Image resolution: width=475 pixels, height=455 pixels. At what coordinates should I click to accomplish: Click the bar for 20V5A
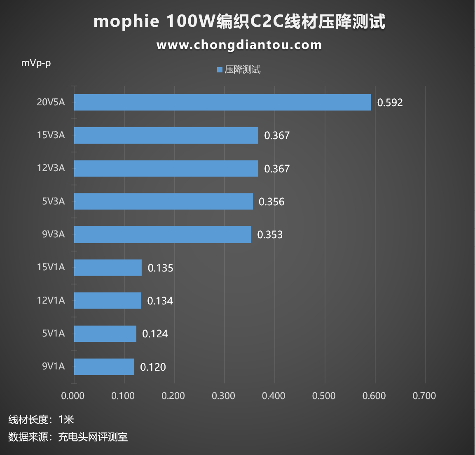(x=222, y=102)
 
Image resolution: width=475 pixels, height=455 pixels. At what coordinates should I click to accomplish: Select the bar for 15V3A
(x=166, y=135)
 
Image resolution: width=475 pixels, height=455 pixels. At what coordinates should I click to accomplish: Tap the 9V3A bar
(x=162, y=234)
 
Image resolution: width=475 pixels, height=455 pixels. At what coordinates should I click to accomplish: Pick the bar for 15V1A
(x=108, y=268)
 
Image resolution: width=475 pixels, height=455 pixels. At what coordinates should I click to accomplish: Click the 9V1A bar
(x=104, y=367)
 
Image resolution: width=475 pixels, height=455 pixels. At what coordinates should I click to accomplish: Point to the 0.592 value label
(x=390, y=102)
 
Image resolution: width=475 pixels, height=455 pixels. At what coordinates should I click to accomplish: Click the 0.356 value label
(x=271, y=202)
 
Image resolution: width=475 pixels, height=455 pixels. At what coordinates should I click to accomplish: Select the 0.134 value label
(x=160, y=301)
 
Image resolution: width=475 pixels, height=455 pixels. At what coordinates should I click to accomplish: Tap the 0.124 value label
(x=155, y=334)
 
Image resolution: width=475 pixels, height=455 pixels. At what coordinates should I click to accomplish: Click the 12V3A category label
(x=51, y=168)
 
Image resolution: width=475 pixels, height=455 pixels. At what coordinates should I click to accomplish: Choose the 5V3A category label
(x=53, y=201)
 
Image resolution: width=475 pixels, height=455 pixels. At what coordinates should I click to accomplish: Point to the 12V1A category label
(x=51, y=300)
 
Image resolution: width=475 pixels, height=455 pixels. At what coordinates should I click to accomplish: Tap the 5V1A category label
(x=53, y=333)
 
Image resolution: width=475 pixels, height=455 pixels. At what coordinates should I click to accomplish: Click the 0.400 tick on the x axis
(x=274, y=396)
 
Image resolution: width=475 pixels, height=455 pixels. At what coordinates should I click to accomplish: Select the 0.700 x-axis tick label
(x=424, y=396)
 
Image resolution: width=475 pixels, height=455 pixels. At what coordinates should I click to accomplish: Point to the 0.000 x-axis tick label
(x=73, y=396)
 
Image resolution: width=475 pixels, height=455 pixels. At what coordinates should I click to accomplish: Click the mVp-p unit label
(x=36, y=63)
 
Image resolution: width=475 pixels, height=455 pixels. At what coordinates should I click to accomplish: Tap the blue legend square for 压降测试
(x=220, y=70)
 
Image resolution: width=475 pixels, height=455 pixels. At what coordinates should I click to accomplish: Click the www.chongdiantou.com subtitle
(x=239, y=45)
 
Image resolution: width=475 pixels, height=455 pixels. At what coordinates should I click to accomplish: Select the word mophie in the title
(x=126, y=21)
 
